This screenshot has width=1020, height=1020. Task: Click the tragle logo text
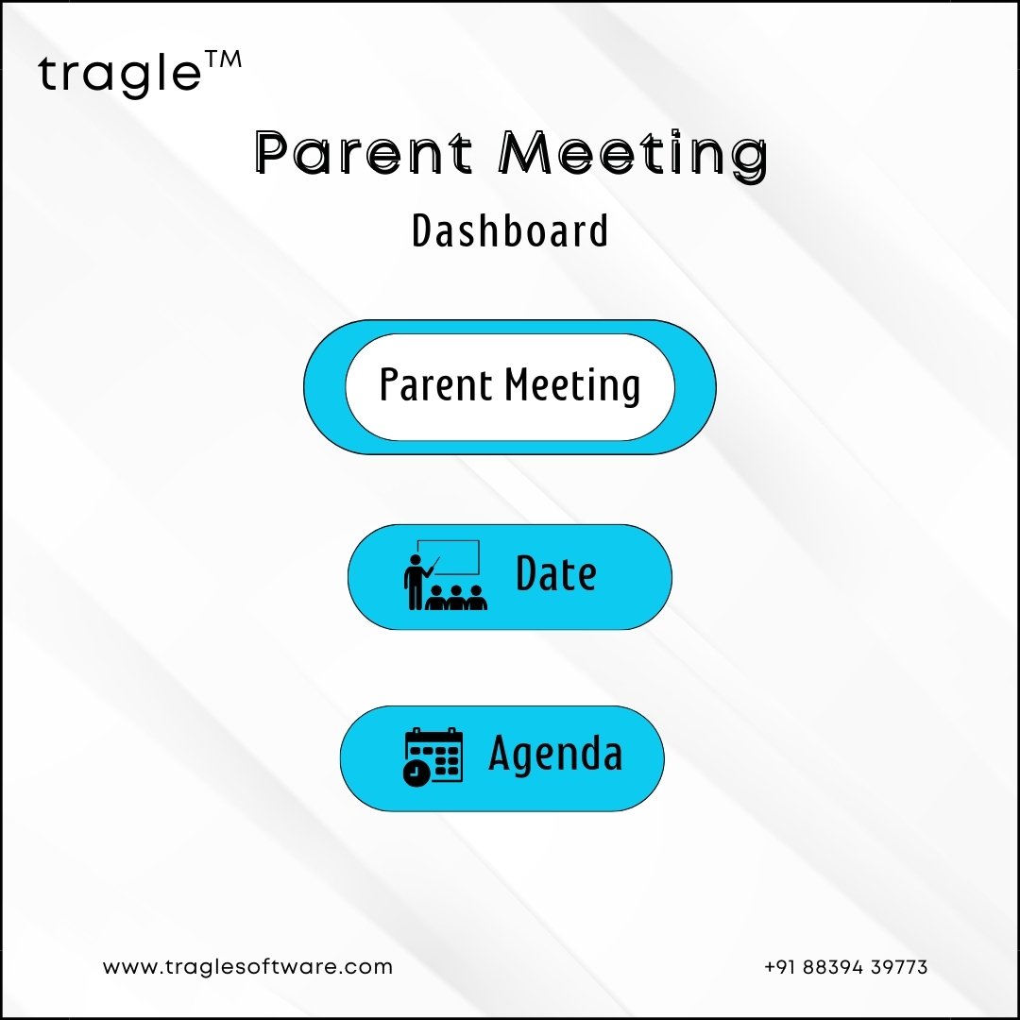coord(120,74)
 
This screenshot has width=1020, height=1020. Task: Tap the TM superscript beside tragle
coord(223,59)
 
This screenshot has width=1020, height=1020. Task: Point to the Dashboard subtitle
coord(510,230)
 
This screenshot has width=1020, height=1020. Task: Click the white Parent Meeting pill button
coord(510,387)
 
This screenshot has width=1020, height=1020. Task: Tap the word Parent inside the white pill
coord(435,384)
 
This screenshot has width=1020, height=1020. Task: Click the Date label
coord(556,573)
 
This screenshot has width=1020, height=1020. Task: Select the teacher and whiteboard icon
coord(446,574)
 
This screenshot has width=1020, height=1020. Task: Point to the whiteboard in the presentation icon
coord(449,557)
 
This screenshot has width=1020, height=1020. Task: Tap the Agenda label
coord(555,754)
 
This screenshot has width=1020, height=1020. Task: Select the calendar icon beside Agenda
coord(433,756)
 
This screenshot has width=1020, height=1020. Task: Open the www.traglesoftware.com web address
coord(247,967)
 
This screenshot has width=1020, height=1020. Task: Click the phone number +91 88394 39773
coord(845,967)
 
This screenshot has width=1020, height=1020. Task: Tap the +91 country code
coord(781,967)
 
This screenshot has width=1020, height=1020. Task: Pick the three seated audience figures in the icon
coord(456,598)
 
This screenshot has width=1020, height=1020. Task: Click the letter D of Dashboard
coord(422,230)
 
